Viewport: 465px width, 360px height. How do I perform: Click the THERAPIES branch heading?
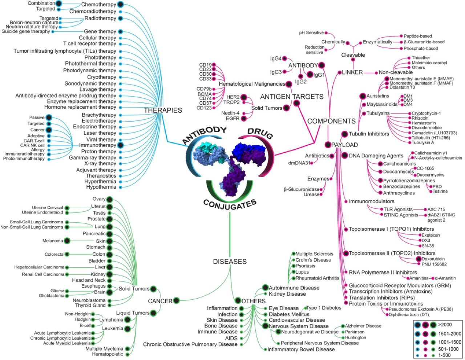[x=163, y=110]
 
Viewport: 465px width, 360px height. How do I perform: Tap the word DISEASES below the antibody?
[x=230, y=262]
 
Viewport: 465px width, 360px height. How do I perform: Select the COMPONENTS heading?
[x=331, y=121]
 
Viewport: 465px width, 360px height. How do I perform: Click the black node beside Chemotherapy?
[x=121, y=4]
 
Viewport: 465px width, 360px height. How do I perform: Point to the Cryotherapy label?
[x=102, y=77]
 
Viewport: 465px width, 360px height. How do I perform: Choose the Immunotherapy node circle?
[x=121, y=145]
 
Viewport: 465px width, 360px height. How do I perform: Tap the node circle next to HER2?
[x=243, y=97]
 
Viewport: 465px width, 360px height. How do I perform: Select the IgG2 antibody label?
[x=301, y=82]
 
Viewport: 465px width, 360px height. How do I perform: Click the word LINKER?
[x=352, y=72]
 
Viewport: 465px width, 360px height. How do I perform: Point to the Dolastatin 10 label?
[x=402, y=87]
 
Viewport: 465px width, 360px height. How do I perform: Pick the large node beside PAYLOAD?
[x=328, y=145]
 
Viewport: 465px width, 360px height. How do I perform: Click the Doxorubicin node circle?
[x=418, y=259]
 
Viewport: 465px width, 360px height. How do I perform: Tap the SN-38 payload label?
[x=428, y=246]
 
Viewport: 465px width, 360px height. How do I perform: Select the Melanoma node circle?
[x=67, y=240]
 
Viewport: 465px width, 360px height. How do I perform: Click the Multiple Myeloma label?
[x=104, y=349]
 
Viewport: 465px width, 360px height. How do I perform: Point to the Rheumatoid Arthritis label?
[x=318, y=278]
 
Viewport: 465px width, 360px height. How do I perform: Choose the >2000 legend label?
[x=445, y=324]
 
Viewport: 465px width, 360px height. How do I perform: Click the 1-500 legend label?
[x=444, y=355]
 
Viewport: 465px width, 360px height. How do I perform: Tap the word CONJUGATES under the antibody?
[x=230, y=205]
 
